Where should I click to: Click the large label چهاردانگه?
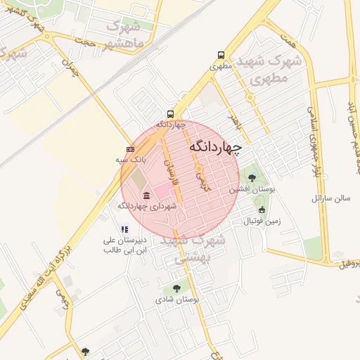tap(214, 147)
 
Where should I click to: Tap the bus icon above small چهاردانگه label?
tap(170, 114)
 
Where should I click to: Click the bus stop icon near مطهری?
tap(221, 55)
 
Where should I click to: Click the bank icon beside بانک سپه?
tap(130, 149)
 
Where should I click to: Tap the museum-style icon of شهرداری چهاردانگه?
tap(146, 195)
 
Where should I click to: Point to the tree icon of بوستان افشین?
tap(252, 178)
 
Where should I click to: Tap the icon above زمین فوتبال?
tap(262, 210)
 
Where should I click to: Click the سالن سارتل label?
tap(331, 199)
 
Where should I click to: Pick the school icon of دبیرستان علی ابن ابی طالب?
tap(124, 229)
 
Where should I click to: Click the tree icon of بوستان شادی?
tap(176, 288)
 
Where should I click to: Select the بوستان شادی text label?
tap(178, 300)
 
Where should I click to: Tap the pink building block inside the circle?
tap(162, 190)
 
